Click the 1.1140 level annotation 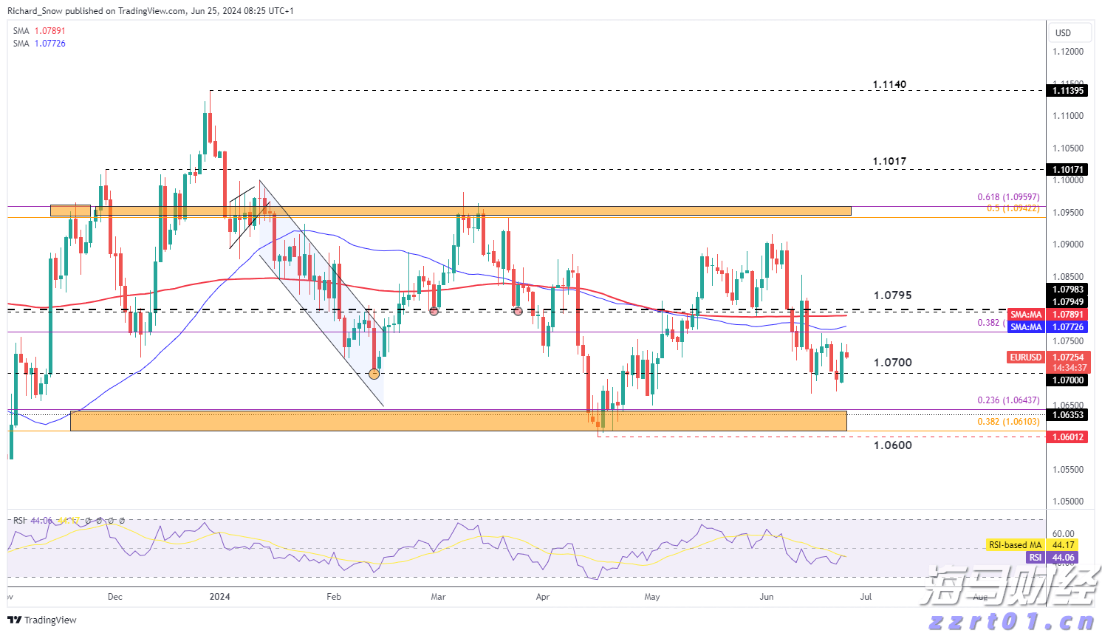click(x=889, y=84)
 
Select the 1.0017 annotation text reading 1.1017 click(x=889, y=161)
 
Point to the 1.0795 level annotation click(x=892, y=295)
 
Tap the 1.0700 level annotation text click(x=892, y=362)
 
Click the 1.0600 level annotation click(x=892, y=445)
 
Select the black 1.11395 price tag click(x=1068, y=91)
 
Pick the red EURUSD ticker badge click(x=1026, y=357)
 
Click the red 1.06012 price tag click(x=1068, y=437)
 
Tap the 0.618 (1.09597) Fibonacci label click(x=1008, y=197)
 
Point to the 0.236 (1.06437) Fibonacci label click(x=1008, y=400)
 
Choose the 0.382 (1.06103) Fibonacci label click(x=1008, y=422)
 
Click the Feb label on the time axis click(x=334, y=597)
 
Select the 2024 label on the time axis click(x=219, y=597)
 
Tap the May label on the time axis click(x=651, y=597)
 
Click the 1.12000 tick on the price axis click(x=1068, y=52)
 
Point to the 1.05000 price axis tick click(x=1068, y=502)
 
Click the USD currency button click(x=1063, y=32)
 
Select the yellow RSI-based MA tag click(x=1016, y=545)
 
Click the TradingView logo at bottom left click(x=42, y=620)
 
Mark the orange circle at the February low click(x=374, y=374)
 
